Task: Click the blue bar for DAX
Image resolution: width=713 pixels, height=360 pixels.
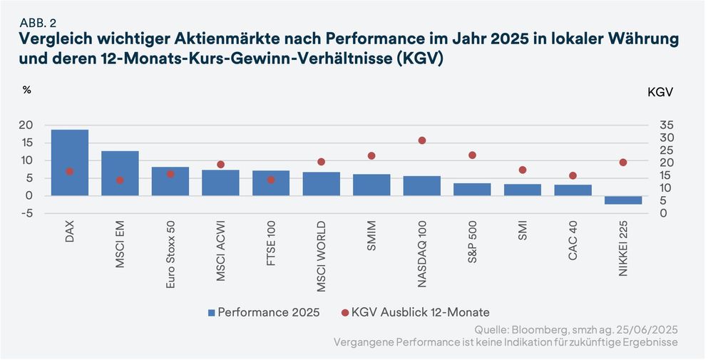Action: [70, 163]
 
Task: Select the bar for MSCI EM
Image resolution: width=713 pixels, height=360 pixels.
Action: [120, 173]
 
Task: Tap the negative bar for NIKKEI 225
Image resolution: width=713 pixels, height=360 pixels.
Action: [623, 200]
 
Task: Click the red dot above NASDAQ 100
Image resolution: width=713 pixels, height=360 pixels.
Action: [422, 140]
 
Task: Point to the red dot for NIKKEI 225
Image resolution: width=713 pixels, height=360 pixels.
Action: [623, 163]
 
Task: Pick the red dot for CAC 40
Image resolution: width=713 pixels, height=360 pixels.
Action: [573, 175]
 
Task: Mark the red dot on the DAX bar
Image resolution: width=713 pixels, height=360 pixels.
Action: [69, 172]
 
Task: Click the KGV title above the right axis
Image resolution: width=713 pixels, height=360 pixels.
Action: [660, 93]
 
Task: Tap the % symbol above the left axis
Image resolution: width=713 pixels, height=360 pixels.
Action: [27, 91]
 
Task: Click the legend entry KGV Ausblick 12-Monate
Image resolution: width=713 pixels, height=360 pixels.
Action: [414, 312]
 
